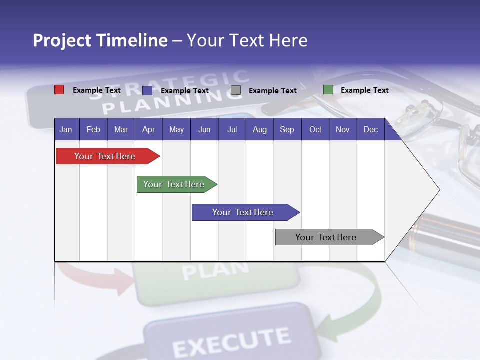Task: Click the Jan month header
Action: [x=66, y=130]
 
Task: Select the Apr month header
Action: [x=149, y=130]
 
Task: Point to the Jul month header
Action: [x=232, y=130]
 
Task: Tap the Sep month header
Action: [x=287, y=130]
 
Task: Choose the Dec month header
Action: [x=370, y=130]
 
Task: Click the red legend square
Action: [x=59, y=90]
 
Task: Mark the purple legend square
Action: [x=147, y=90]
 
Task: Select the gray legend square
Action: [x=236, y=90]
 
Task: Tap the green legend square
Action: [x=328, y=90]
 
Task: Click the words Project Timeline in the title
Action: [x=100, y=40]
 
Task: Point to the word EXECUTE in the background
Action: [x=231, y=342]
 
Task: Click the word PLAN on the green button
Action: [x=215, y=270]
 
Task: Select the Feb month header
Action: [x=93, y=130]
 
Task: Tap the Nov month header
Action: [x=343, y=130]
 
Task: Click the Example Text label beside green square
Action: [x=364, y=90]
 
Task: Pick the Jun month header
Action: [x=204, y=130]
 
